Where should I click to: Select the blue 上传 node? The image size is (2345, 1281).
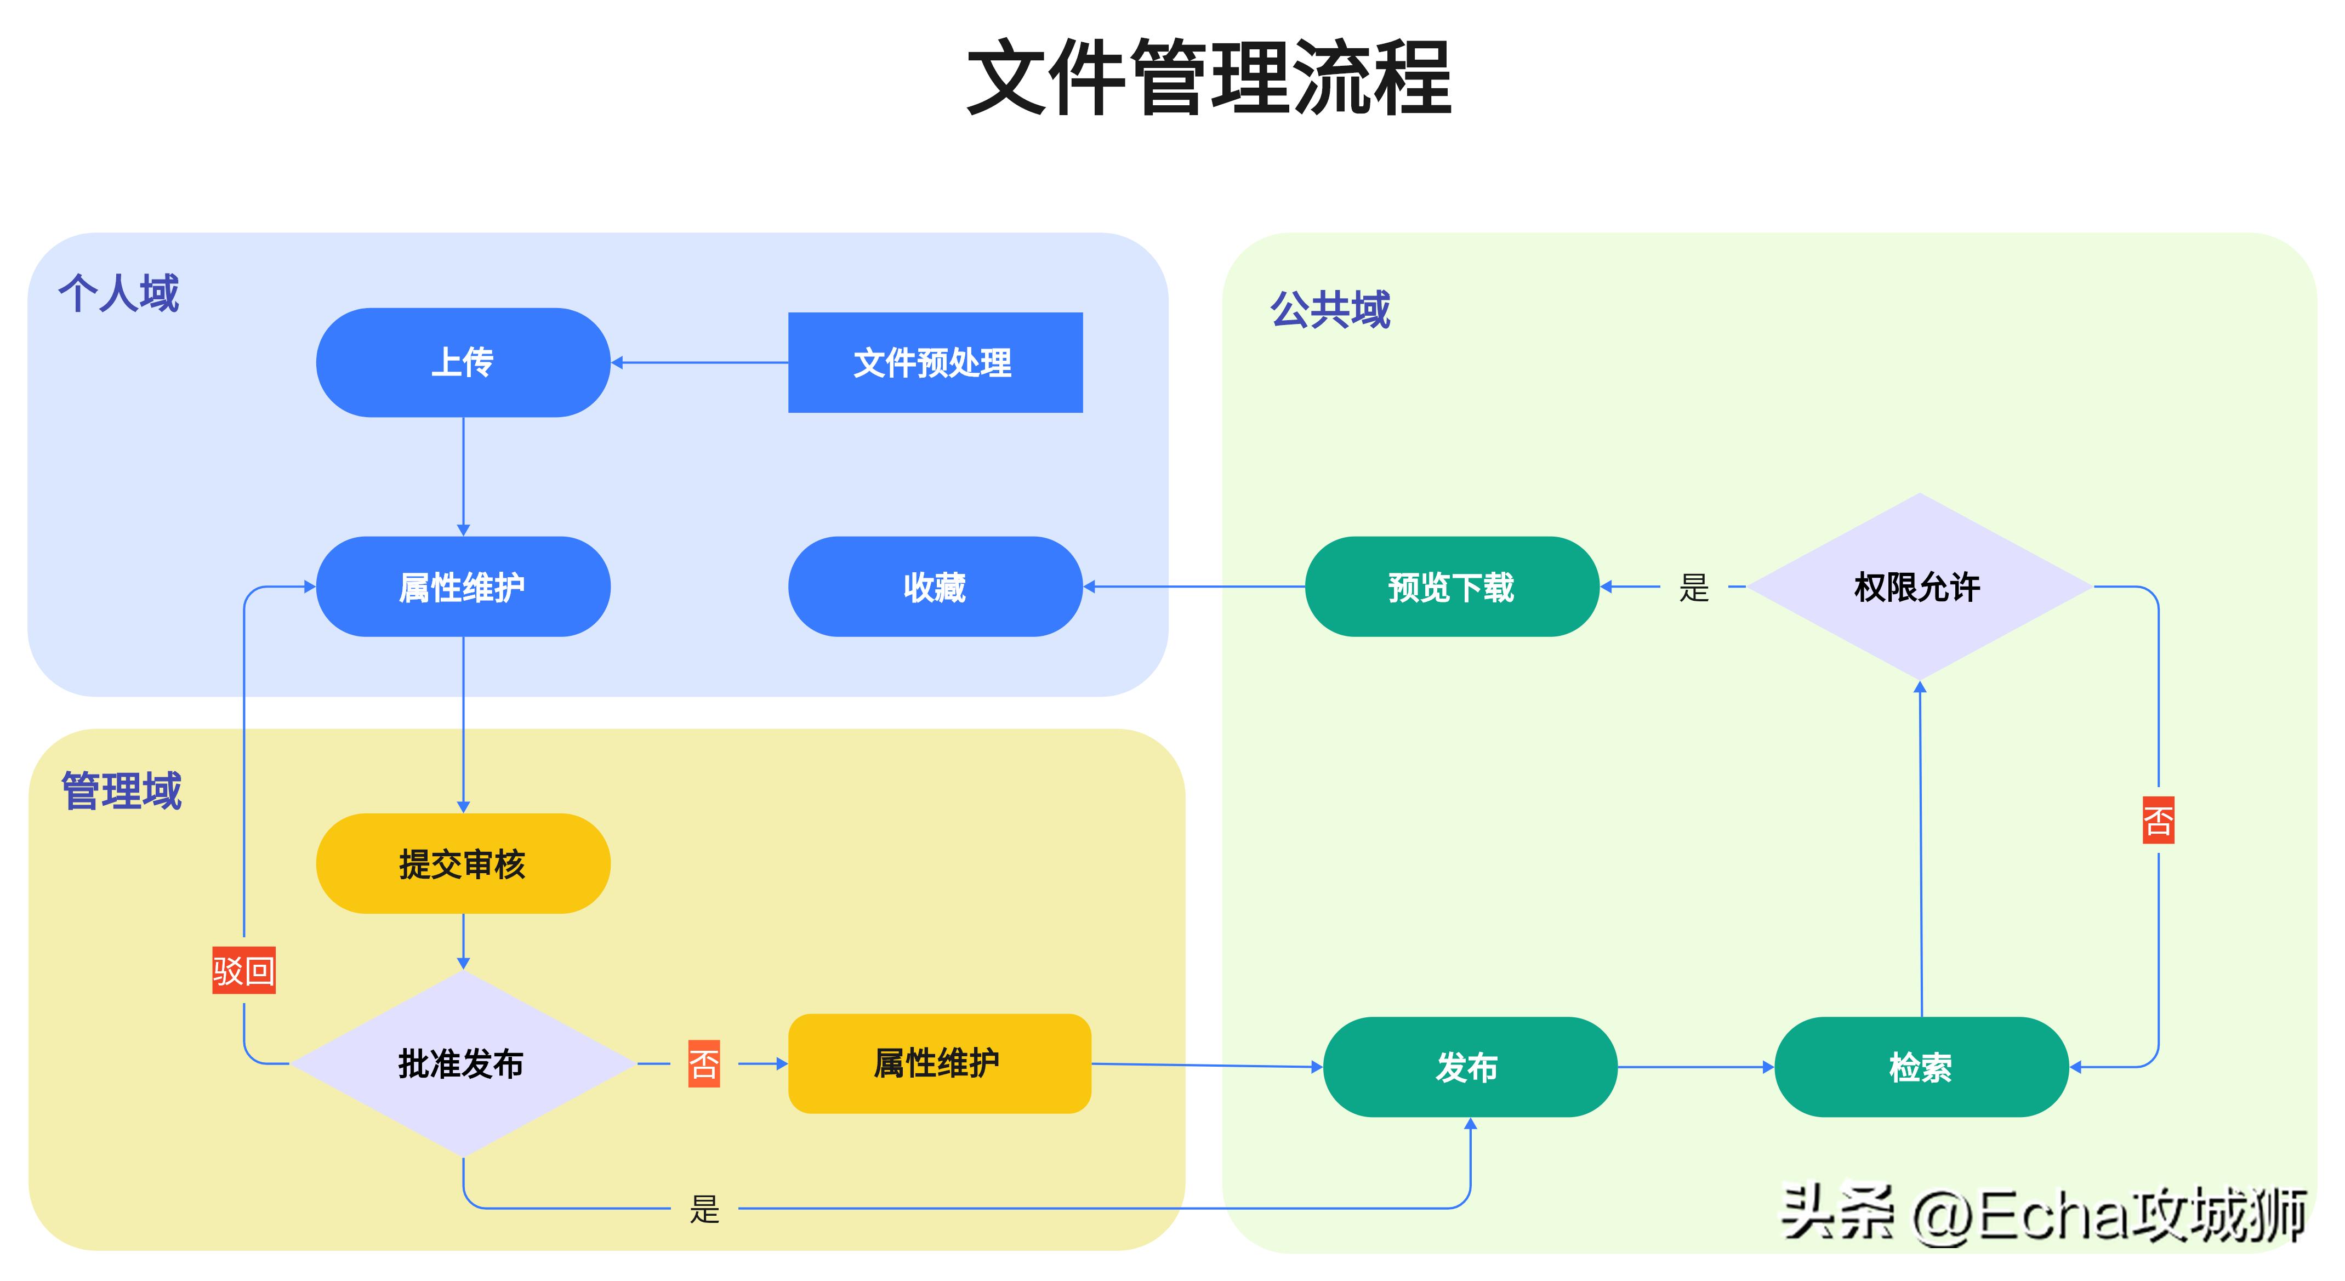[463, 362]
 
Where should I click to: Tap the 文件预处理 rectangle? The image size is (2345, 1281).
[935, 362]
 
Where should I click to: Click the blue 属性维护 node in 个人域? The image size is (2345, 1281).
[463, 587]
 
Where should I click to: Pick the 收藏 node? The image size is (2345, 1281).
[935, 587]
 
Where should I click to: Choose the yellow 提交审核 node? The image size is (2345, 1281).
[463, 864]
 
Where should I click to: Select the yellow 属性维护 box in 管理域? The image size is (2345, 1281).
[938, 1063]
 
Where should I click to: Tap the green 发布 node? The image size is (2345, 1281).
[1469, 1067]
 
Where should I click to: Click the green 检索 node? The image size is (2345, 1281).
[1921, 1067]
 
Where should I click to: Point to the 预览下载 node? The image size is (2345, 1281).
[1451, 587]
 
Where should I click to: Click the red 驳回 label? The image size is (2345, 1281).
[243, 971]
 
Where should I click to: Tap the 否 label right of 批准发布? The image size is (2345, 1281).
[704, 1063]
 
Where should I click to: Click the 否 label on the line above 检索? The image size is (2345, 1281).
[2158, 821]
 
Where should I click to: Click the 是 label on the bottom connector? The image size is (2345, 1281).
[704, 1210]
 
